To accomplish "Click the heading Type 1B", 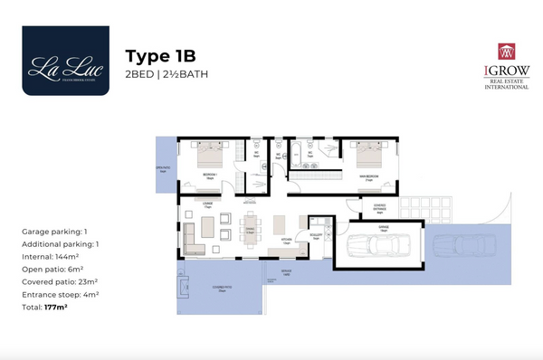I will click(x=163, y=55).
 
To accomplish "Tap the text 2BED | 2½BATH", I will click(x=167, y=74).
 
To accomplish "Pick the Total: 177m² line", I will click(x=45, y=308).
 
